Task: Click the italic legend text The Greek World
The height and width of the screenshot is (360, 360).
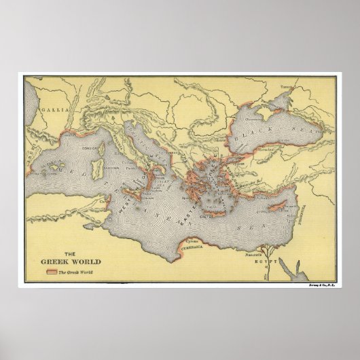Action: (77, 272)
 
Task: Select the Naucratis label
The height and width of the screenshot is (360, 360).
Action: (255, 253)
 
